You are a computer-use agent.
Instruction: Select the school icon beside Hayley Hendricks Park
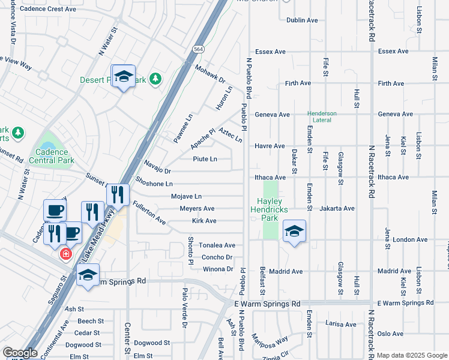coord(294,231)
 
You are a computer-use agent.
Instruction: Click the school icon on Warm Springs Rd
coord(88,275)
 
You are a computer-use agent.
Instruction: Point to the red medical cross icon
coord(65,254)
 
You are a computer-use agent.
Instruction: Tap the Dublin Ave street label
coord(302,20)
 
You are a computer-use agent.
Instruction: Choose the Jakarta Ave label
coord(338,208)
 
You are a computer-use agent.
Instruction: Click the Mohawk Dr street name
coord(209,74)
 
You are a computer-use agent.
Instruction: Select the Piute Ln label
coord(205,159)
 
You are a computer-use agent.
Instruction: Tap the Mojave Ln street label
coord(186,196)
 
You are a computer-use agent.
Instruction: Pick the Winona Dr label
coord(218,269)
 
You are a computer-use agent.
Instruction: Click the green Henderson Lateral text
coord(322,116)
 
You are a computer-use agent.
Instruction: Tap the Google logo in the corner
coord(19,353)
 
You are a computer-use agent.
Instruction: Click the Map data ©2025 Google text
coord(411,355)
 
